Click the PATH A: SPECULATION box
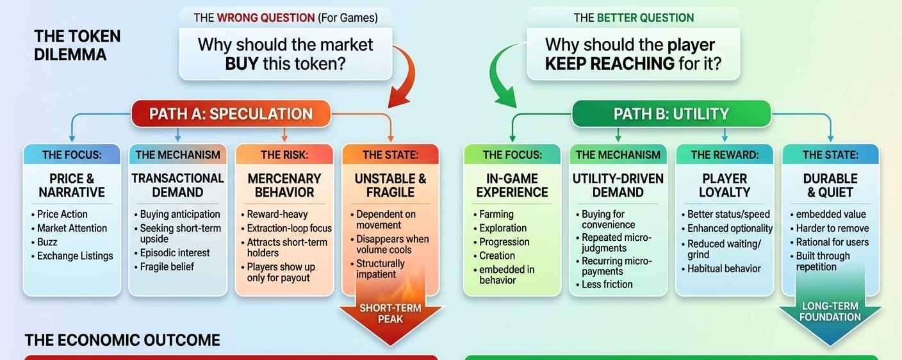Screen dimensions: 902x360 click(x=231, y=114)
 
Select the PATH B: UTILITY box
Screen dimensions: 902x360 click(x=671, y=114)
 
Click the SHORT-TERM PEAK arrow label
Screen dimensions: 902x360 click(x=390, y=313)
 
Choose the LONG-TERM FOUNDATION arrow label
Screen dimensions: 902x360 click(x=830, y=312)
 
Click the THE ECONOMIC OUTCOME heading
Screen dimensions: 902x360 click(x=122, y=340)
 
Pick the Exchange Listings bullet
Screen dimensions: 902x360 click(x=74, y=256)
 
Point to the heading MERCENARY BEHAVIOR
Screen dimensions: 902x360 click(x=284, y=185)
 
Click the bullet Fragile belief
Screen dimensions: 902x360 click(x=167, y=266)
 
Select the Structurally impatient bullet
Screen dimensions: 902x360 click(x=380, y=269)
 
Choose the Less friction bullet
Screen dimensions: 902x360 click(x=607, y=284)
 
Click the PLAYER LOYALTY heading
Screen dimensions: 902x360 click(x=725, y=185)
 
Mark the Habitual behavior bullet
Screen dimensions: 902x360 click(x=724, y=268)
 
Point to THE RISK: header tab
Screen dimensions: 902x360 click(x=284, y=154)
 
